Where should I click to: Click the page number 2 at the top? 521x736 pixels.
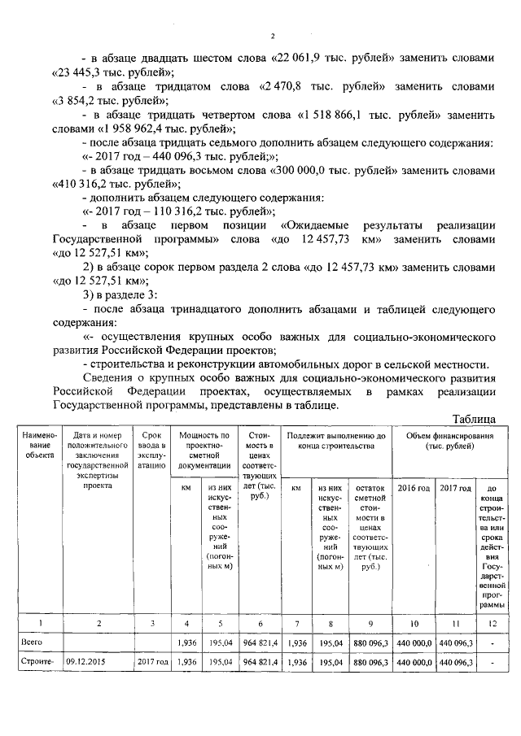274,36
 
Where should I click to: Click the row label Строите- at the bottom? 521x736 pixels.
37,662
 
